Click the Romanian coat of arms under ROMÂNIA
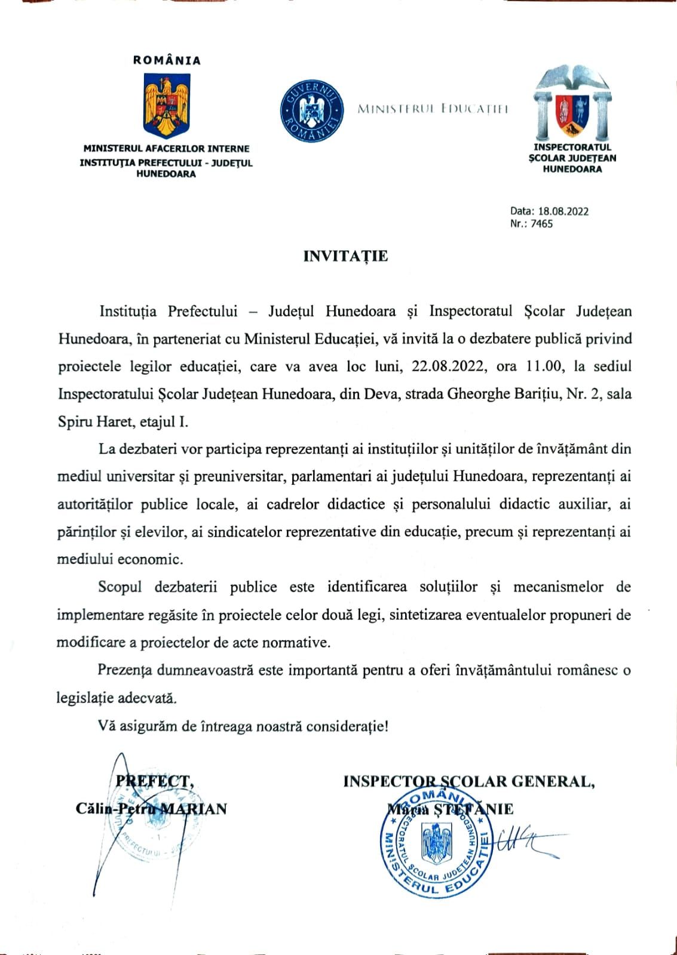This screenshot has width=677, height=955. coord(167,104)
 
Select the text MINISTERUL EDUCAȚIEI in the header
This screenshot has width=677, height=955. coord(433,109)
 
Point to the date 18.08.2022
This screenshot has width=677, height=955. coord(563,211)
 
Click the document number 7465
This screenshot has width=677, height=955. coord(541,224)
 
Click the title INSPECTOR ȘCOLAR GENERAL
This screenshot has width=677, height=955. coord(469,781)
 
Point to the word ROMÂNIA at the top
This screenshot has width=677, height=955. coord(167,60)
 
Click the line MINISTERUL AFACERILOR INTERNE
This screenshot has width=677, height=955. coord(167,149)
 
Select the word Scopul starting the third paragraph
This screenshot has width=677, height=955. coord(120,587)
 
